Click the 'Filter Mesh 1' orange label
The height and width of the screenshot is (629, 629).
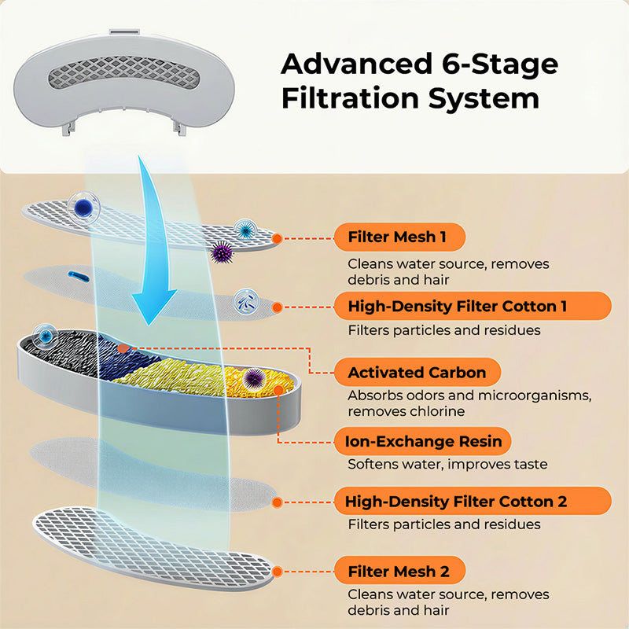coord(399,237)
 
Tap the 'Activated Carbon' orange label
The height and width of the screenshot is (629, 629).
coord(417,372)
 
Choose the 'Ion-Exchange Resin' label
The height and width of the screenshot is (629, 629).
coord(424,440)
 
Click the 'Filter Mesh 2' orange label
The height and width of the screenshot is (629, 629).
coord(399,570)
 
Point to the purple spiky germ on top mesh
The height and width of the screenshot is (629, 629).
coord(221,252)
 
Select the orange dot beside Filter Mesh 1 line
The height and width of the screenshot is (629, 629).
coord(276,237)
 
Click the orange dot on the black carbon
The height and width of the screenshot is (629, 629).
coord(123,347)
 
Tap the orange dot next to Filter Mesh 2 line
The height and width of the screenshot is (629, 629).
coord(277,570)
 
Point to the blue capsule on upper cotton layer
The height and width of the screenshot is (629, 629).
coord(79,274)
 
